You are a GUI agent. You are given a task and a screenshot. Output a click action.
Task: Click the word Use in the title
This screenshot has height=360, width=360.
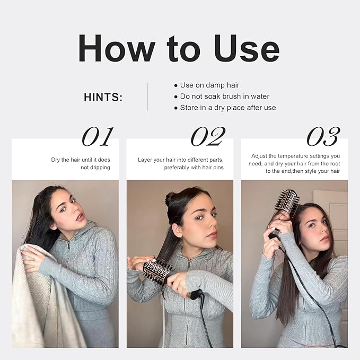pyautogui.click(x=247, y=48)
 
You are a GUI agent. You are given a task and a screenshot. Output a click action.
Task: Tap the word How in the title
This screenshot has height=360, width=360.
pyautogui.click(x=117, y=48)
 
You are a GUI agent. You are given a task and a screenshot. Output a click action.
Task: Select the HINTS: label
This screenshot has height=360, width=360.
pyautogui.click(x=103, y=97)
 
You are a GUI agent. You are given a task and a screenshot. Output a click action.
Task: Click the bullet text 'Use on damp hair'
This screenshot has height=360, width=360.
pyautogui.click(x=209, y=85)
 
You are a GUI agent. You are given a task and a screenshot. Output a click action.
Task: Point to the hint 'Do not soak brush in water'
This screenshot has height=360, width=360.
pyautogui.click(x=225, y=96)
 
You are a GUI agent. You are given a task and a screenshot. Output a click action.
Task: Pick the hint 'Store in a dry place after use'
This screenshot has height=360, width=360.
pyautogui.click(x=228, y=108)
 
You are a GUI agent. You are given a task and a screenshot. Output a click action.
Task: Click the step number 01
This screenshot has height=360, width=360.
pyautogui.click(x=98, y=137)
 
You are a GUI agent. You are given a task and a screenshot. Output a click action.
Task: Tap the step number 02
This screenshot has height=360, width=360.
pyautogui.click(x=208, y=137)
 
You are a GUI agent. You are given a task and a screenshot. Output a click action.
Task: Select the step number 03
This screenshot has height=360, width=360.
pyautogui.click(x=323, y=137)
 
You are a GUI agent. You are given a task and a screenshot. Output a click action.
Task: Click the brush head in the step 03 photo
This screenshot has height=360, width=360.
pyautogui.click(x=287, y=201)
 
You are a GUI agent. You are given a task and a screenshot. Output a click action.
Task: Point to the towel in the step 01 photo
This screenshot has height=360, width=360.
pyautogui.click(x=34, y=298)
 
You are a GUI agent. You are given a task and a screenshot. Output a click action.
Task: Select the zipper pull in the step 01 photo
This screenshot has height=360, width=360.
pyautogui.click(x=69, y=245)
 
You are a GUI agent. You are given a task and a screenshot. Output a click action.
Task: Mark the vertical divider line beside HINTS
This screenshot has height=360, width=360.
pyautogui.click(x=147, y=97)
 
